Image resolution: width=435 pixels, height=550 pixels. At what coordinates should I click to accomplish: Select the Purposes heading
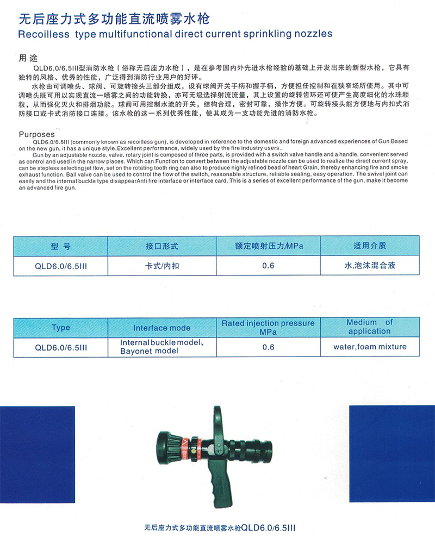[x=37, y=134]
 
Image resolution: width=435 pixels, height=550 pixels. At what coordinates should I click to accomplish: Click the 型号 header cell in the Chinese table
[x=60, y=246]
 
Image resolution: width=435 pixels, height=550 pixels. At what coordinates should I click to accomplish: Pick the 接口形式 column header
[x=161, y=246]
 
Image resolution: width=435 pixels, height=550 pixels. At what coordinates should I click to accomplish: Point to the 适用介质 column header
[x=370, y=246]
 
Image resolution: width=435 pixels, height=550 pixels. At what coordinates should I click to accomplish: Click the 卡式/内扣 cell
[x=161, y=266]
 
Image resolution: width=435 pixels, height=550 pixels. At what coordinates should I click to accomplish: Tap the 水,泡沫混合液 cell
[x=370, y=266]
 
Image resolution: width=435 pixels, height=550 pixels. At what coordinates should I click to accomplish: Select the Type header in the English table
[x=60, y=328]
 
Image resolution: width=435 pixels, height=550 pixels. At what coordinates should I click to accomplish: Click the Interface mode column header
[x=161, y=328]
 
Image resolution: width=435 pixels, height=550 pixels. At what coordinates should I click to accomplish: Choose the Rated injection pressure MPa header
[x=268, y=327]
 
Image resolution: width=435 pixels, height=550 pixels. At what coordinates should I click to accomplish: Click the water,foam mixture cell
[x=370, y=347]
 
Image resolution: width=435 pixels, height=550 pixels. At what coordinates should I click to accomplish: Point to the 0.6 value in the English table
[x=268, y=347]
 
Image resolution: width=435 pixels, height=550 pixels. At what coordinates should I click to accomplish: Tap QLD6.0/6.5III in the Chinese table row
[x=60, y=266]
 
